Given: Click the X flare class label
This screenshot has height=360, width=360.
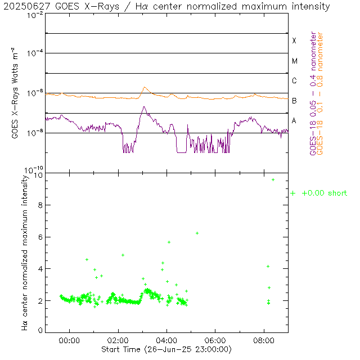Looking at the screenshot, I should point(294,41).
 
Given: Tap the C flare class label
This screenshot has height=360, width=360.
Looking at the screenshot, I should point(294,81).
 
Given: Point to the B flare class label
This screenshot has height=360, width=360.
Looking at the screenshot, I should point(294,101).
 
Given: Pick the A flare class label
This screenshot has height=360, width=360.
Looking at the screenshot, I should point(294,121).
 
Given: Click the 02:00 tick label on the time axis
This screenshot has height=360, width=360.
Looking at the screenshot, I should point(118,340).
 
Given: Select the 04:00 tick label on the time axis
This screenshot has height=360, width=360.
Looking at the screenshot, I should point(166,340).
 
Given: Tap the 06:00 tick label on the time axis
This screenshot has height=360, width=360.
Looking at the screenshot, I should point(215,340).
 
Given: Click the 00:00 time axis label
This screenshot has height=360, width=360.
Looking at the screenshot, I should point(69,340).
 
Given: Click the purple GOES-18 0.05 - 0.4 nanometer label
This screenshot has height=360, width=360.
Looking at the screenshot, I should point(313,93).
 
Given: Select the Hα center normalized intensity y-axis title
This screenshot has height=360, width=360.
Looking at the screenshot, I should point(25,251).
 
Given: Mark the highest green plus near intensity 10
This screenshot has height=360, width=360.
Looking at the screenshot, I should point(273,179).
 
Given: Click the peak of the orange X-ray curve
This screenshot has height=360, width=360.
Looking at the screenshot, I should point(145,87).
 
